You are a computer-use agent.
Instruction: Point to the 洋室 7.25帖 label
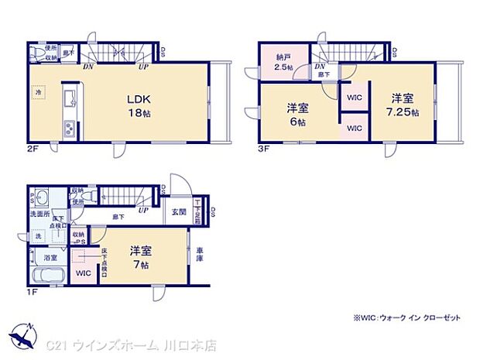(x=403, y=104)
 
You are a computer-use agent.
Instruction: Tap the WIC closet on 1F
(x=84, y=273)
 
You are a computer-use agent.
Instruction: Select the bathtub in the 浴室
(x=49, y=276)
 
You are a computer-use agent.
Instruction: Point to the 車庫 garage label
(x=200, y=252)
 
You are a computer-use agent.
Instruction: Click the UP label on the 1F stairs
(x=142, y=210)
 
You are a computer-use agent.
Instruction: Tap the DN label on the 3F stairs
(x=320, y=67)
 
